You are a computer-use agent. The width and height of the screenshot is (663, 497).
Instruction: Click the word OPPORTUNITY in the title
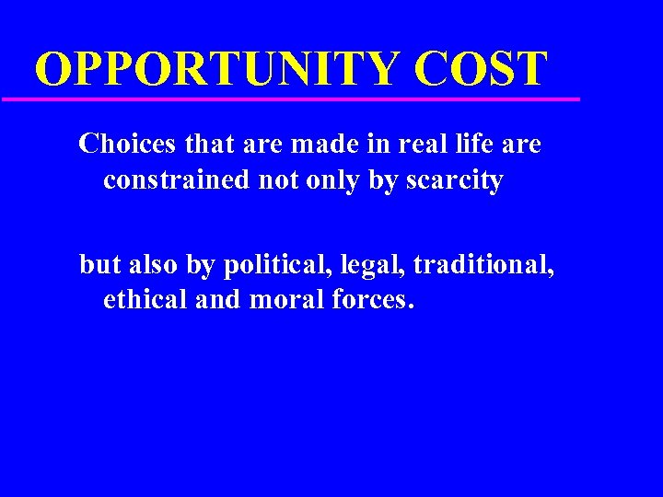pos(218,69)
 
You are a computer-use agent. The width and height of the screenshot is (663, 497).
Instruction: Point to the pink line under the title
pos(290,98)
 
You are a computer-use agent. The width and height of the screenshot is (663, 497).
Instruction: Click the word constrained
pos(176,179)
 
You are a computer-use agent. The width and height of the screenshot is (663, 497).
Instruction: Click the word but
pos(99,265)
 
